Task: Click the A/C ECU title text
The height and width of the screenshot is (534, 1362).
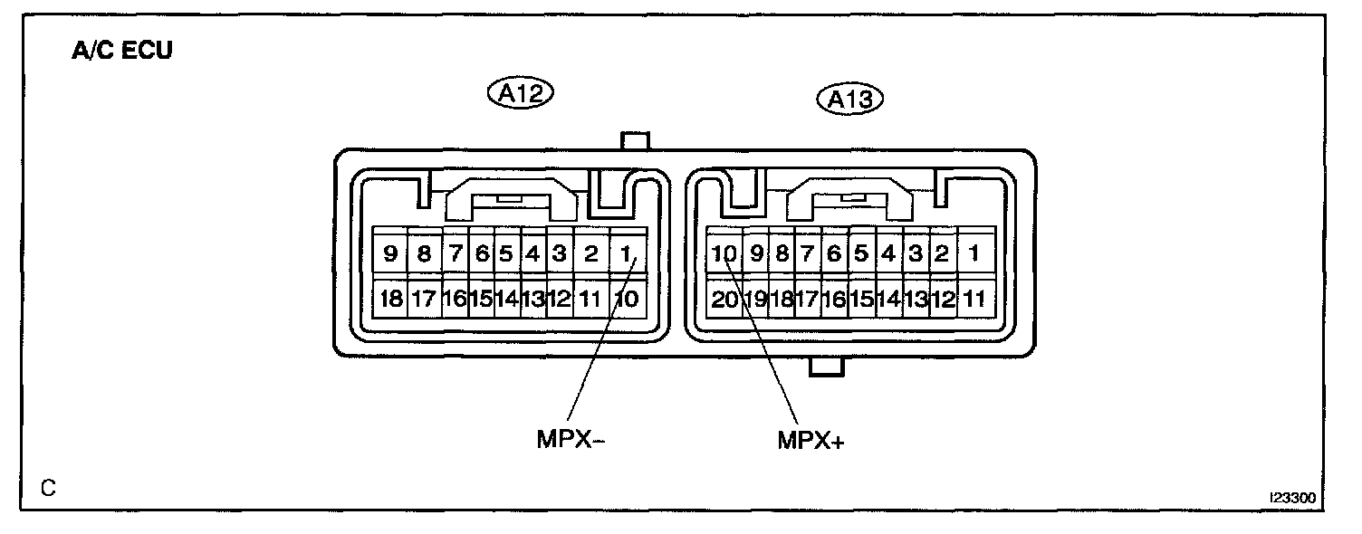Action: (121, 51)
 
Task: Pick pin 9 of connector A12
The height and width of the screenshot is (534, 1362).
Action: (390, 254)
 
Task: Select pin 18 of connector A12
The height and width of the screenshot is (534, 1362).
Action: (390, 299)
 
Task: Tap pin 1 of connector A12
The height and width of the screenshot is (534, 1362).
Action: (624, 254)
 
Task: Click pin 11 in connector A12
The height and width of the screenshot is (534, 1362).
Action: (589, 299)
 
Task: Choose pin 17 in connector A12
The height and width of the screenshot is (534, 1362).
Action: (424, 299)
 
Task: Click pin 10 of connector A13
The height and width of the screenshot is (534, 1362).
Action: (724, 254)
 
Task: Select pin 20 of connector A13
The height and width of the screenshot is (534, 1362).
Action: (724, 299)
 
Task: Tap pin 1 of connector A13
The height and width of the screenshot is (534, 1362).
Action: (974, 254)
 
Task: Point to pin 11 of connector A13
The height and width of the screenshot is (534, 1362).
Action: (974, 299)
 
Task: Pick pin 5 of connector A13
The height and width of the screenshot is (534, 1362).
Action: (861, 254)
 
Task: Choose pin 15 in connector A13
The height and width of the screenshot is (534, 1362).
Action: (861, 299)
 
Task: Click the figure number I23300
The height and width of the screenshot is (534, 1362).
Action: (1292, 499)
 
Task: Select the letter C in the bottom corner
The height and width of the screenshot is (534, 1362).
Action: (49, 488)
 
